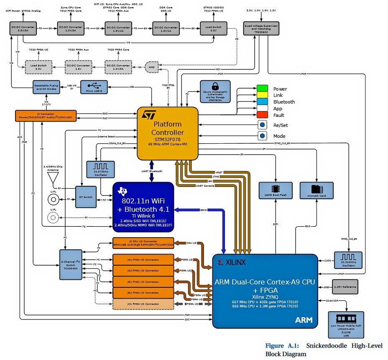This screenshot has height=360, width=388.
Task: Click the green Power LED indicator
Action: point(262,89)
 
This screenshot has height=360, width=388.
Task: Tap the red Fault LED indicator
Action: point(262,115)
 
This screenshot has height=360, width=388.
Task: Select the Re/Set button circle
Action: point(263,125)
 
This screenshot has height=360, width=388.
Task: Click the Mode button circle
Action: point(263,136)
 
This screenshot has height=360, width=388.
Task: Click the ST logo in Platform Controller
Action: point(149,115)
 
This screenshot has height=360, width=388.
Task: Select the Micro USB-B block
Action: point(93,87)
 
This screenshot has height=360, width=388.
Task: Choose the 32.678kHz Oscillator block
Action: point(97,168)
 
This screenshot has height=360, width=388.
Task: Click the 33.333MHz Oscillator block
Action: point(348,260)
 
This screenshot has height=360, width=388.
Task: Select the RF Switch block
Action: point(86,196)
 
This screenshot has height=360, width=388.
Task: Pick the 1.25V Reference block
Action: point(345,287)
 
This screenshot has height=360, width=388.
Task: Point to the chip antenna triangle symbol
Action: point(53,179)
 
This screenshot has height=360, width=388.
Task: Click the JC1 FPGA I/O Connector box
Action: point(143,304)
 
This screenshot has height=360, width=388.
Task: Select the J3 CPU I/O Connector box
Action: point(143,243)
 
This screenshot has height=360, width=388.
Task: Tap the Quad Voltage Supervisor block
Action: point(261,28)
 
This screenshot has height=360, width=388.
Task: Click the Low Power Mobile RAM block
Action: point(346,324)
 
